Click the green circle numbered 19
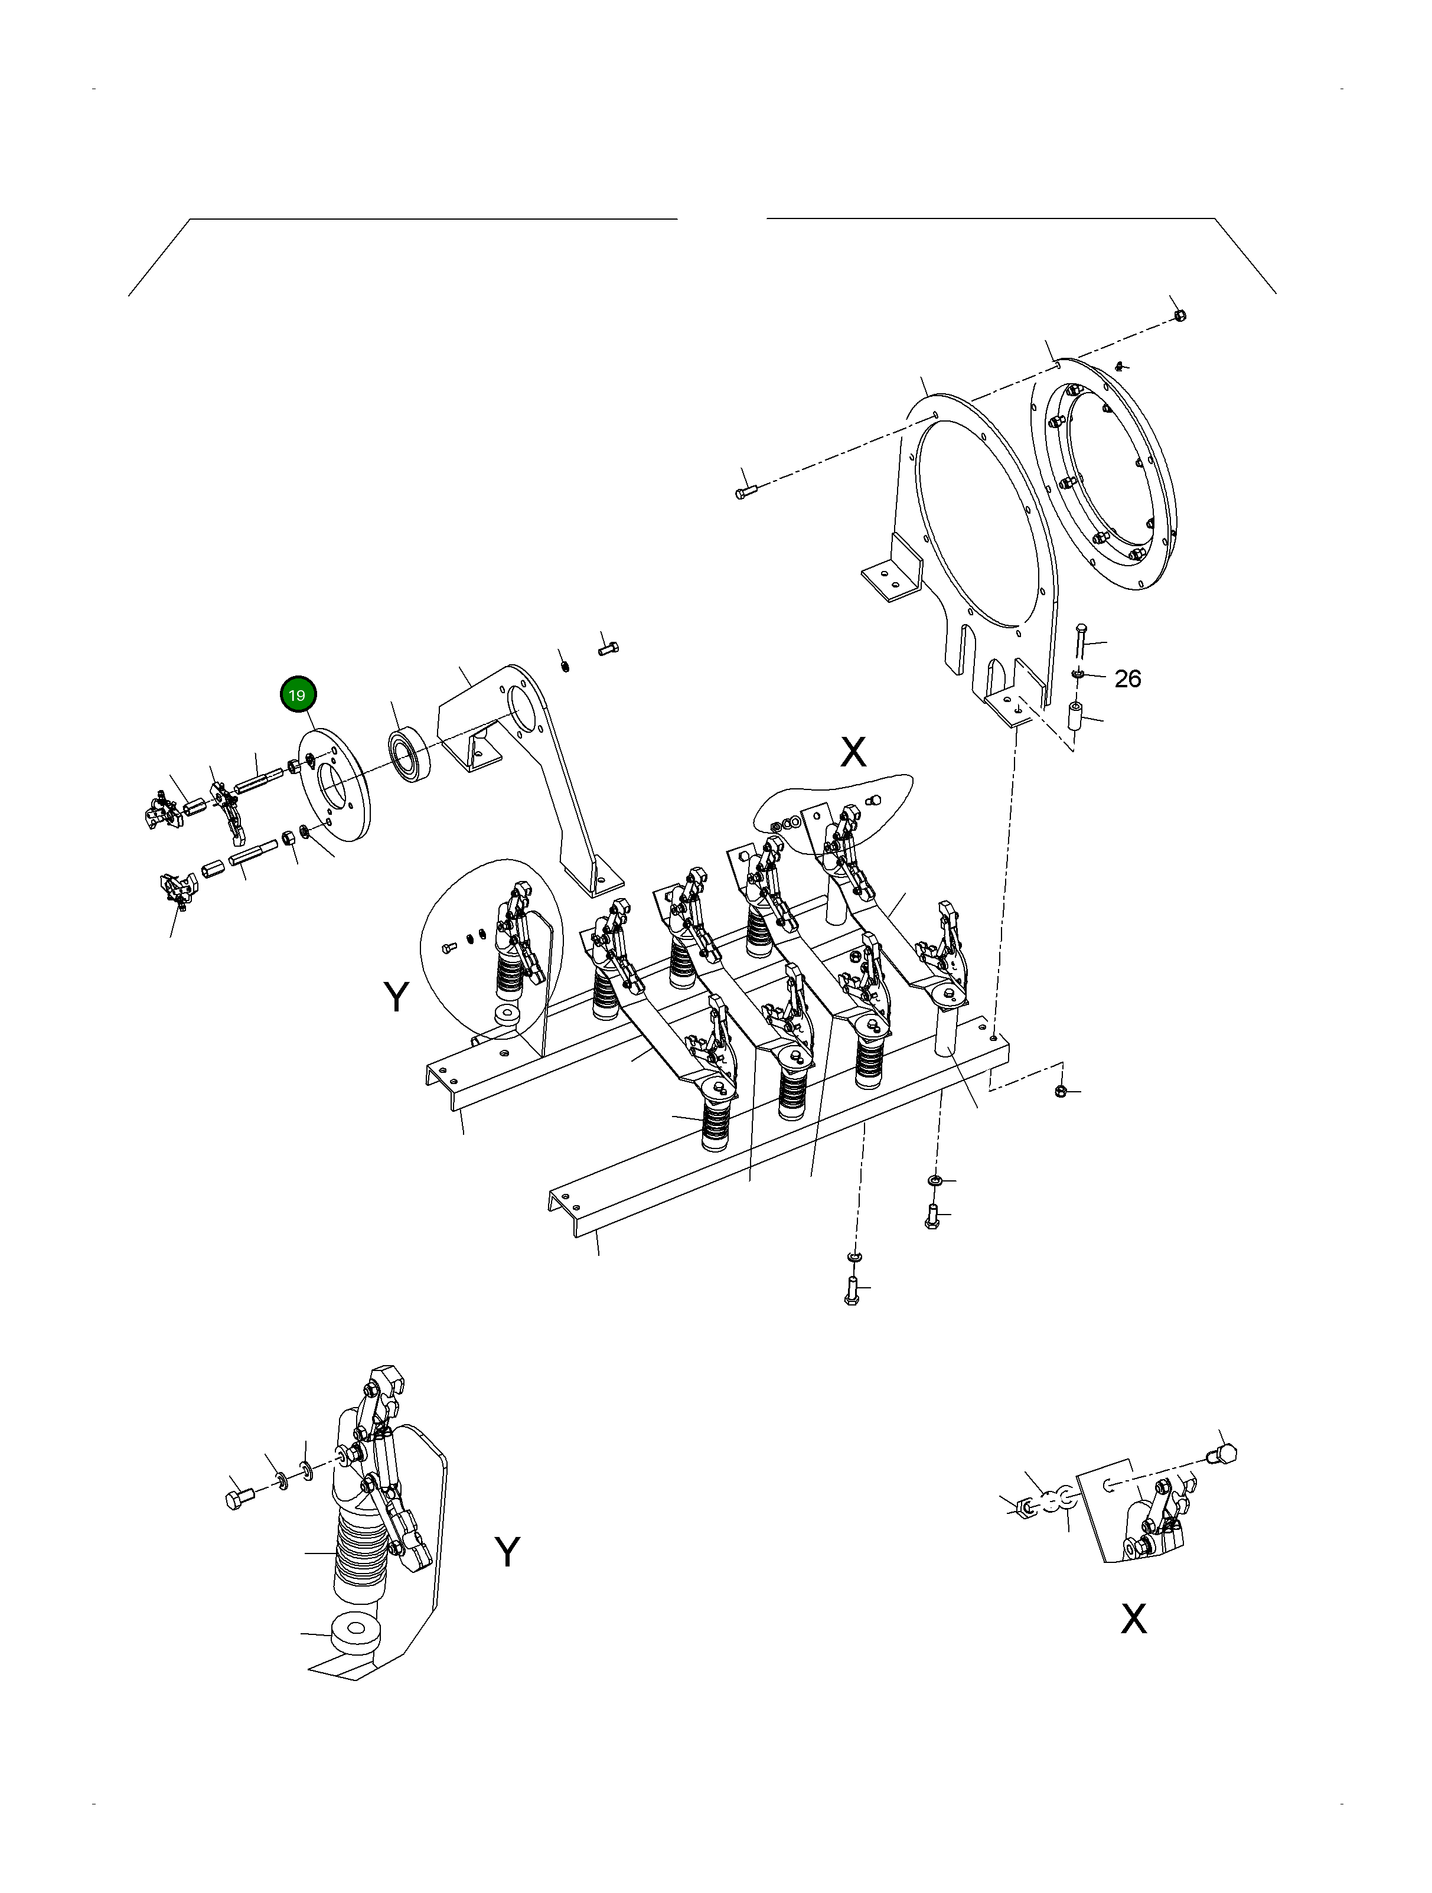(x=297, y=695)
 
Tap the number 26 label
(x=1127, y=678)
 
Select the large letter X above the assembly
(x=853, y=752)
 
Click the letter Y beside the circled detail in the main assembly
(x=396, y=997)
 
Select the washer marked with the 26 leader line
(x=1078, y=676)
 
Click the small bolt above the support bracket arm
(x=609, y=649)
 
